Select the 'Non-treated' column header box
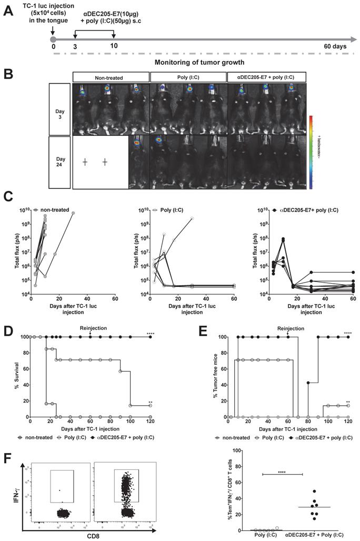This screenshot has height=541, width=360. tap(111, 78)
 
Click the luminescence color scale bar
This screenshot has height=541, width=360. tap(312, 153)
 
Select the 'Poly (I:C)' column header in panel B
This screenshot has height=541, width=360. tap(188, 78)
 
